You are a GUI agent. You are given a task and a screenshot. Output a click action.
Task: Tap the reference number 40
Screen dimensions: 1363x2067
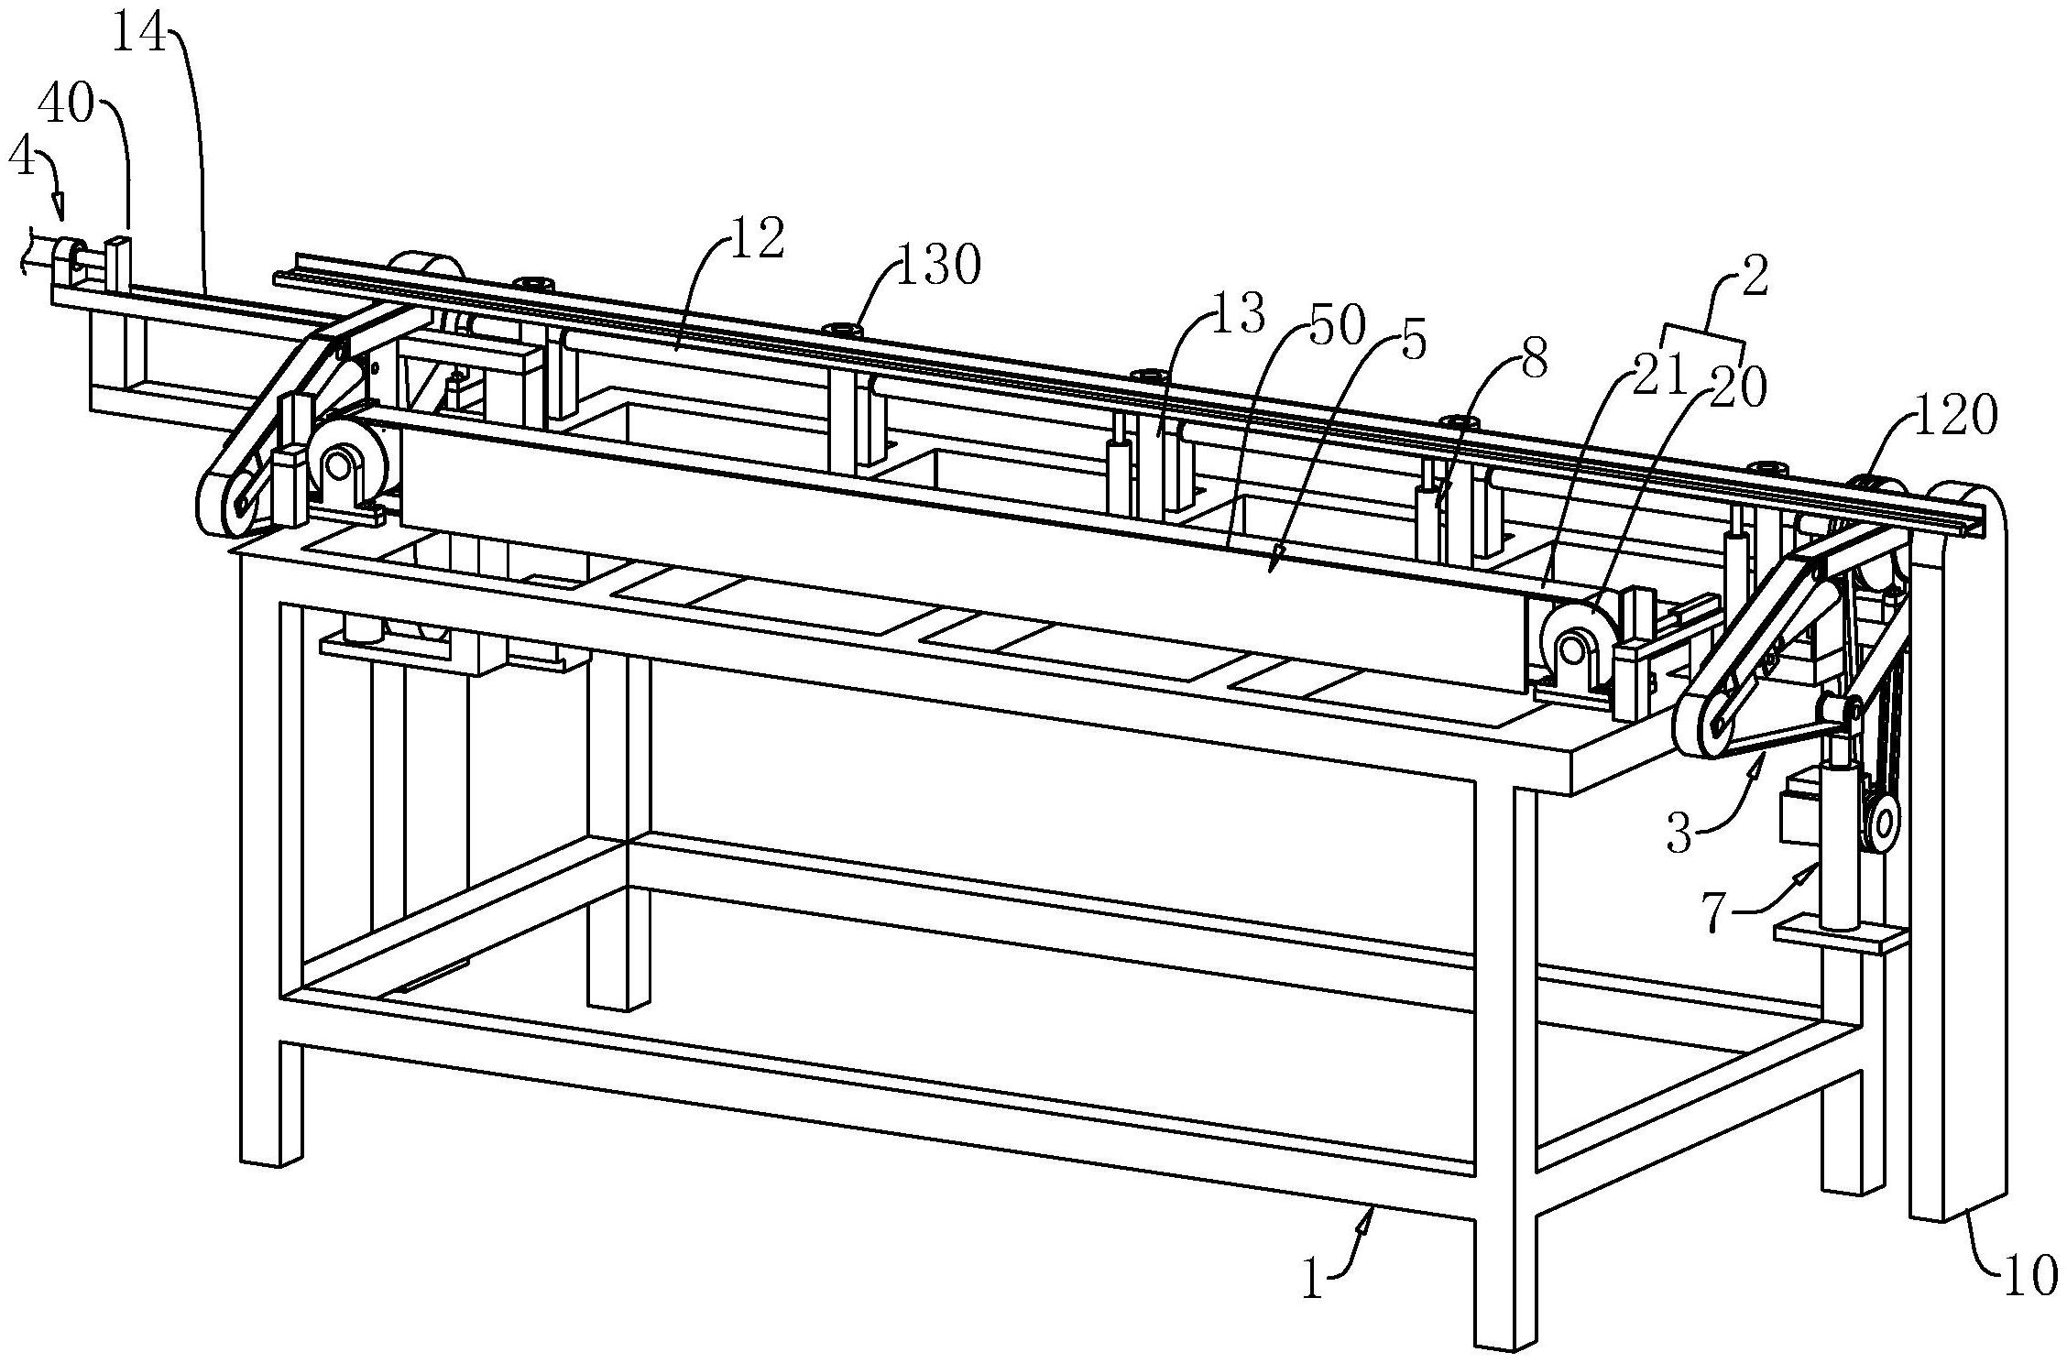point(66,108)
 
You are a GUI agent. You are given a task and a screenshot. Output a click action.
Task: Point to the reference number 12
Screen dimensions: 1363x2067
point(757,240)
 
